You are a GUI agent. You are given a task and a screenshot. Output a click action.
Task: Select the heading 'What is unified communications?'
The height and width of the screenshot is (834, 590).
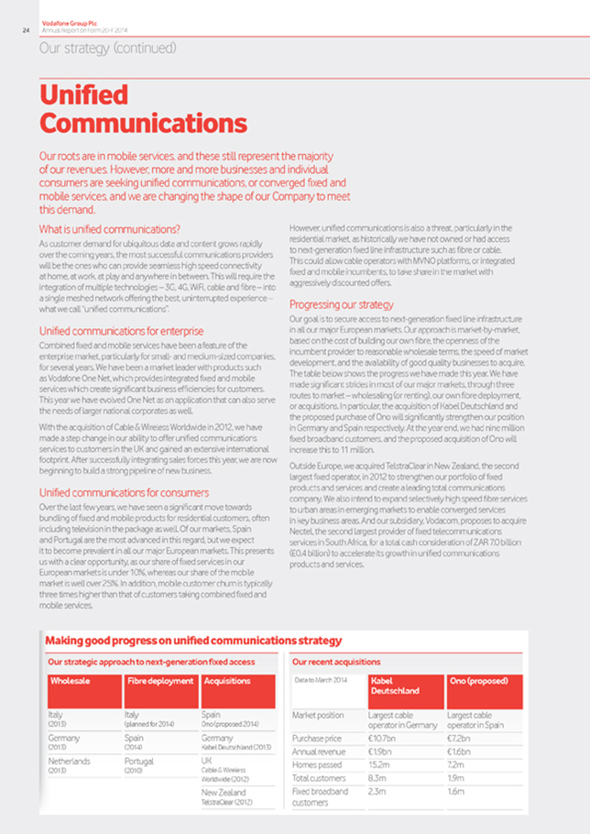109,228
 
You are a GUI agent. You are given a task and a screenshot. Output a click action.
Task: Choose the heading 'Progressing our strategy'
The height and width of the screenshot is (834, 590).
342,303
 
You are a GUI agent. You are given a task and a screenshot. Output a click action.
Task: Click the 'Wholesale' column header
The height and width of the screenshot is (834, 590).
69,681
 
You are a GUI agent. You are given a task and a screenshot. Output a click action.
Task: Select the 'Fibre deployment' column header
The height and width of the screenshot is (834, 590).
160,681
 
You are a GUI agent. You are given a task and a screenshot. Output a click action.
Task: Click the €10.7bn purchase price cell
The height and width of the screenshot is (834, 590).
382,736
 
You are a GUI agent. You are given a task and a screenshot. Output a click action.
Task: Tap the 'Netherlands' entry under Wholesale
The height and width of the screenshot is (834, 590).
71,760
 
